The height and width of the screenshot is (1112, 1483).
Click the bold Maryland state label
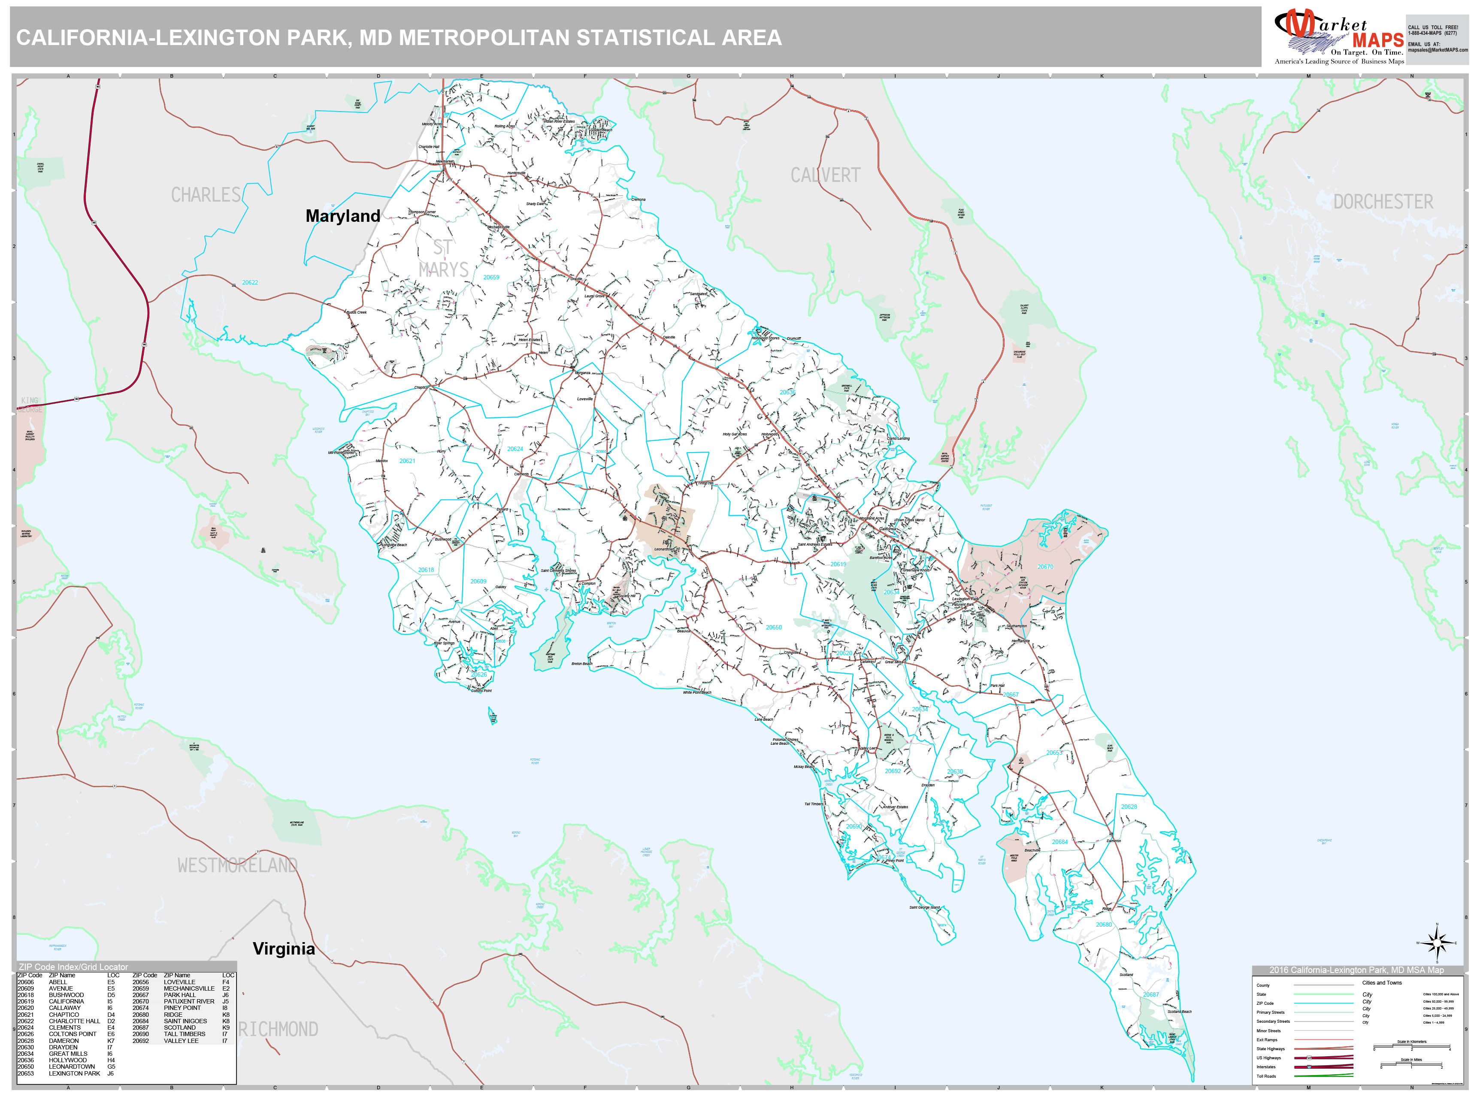[342, 216]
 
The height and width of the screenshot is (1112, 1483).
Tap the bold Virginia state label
[284, 949]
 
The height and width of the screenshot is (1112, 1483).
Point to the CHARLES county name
[206, 195]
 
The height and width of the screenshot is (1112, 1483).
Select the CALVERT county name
[825, 175]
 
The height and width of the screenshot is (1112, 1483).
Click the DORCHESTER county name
[1383, 202]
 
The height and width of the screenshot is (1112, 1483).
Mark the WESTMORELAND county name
[237, 865]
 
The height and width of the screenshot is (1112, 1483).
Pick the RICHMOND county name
[278, 1029]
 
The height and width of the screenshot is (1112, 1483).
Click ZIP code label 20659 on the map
[491, 277]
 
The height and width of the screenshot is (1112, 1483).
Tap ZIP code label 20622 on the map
[250, 282]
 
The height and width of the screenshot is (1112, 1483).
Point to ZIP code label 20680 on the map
[1104, 925]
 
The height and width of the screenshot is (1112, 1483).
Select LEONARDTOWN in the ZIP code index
[72, 1067]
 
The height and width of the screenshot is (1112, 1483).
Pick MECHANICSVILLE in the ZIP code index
[189, 988]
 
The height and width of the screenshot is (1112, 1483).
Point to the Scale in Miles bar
[1411, 1065]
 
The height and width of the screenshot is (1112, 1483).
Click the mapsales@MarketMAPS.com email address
[1438, 50]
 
